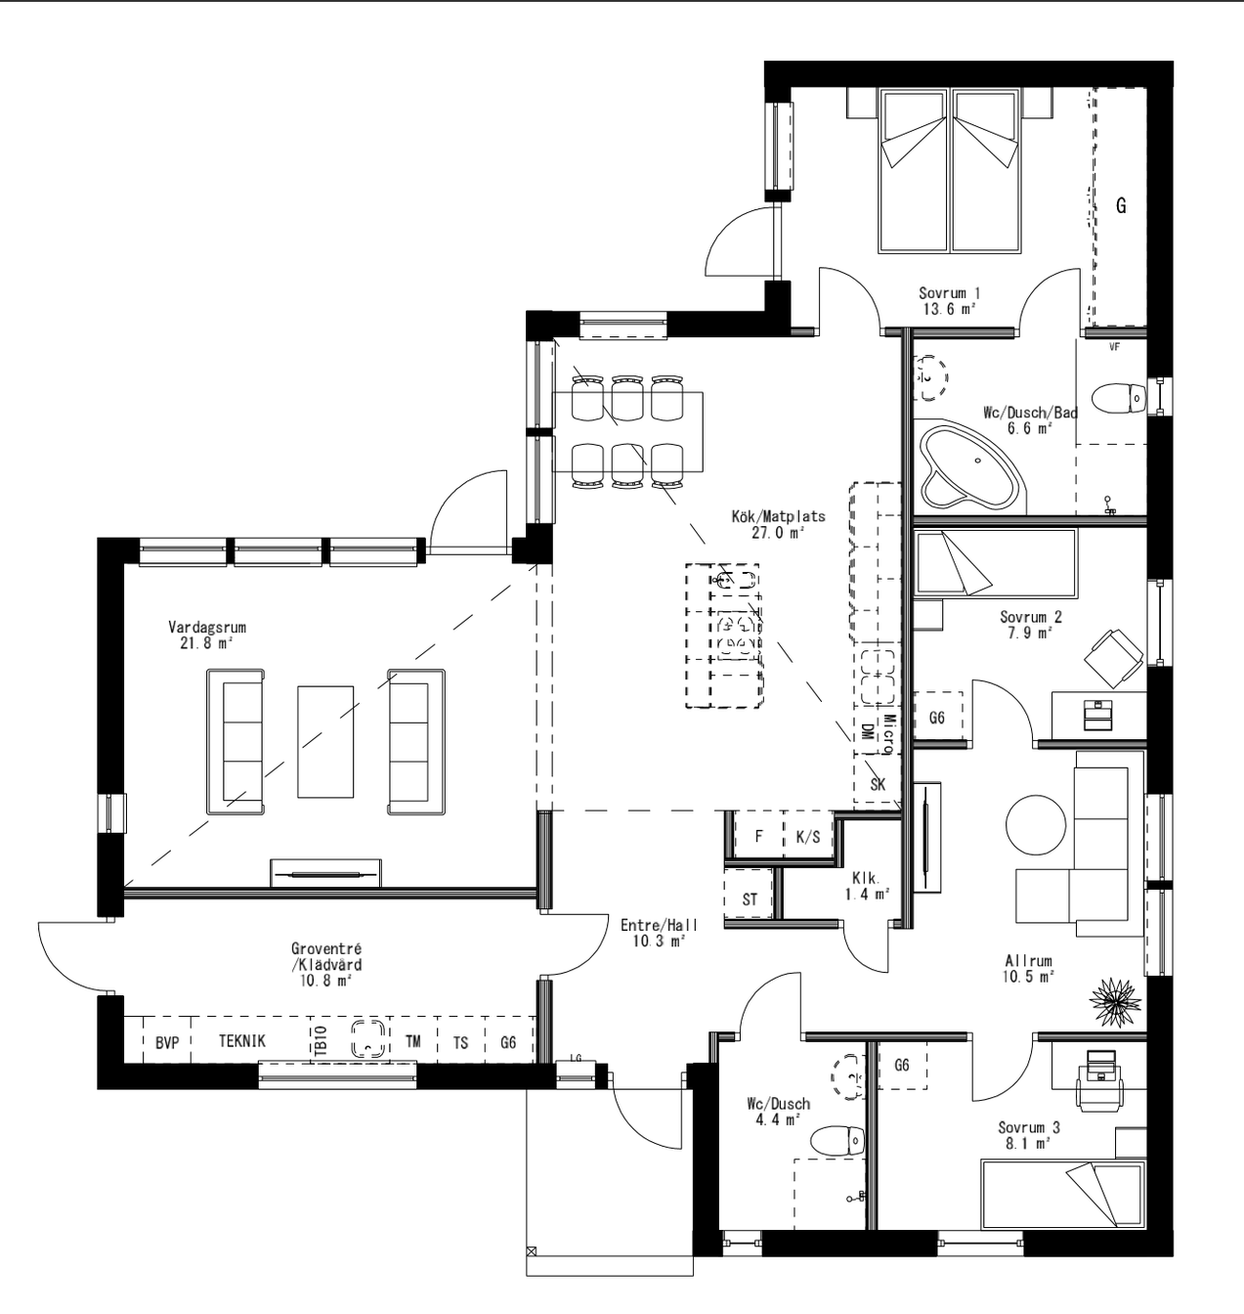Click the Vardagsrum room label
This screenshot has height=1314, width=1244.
(206, 635)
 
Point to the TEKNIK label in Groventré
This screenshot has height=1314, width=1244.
(241, 1042)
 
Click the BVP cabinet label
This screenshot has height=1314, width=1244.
(167, 1043)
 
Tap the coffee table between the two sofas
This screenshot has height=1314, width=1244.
(325, 741)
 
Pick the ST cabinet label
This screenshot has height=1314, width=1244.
(750, 899)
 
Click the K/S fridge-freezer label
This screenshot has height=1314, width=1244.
(807, 837)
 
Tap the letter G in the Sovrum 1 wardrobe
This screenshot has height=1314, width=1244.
(1121, 206)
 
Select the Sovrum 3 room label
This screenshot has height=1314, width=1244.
(1028, 1134)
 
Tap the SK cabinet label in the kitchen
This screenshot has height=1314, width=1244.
(877, 784)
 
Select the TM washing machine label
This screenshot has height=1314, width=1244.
(413, 1042)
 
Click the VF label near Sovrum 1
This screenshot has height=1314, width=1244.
(1114, 347)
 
